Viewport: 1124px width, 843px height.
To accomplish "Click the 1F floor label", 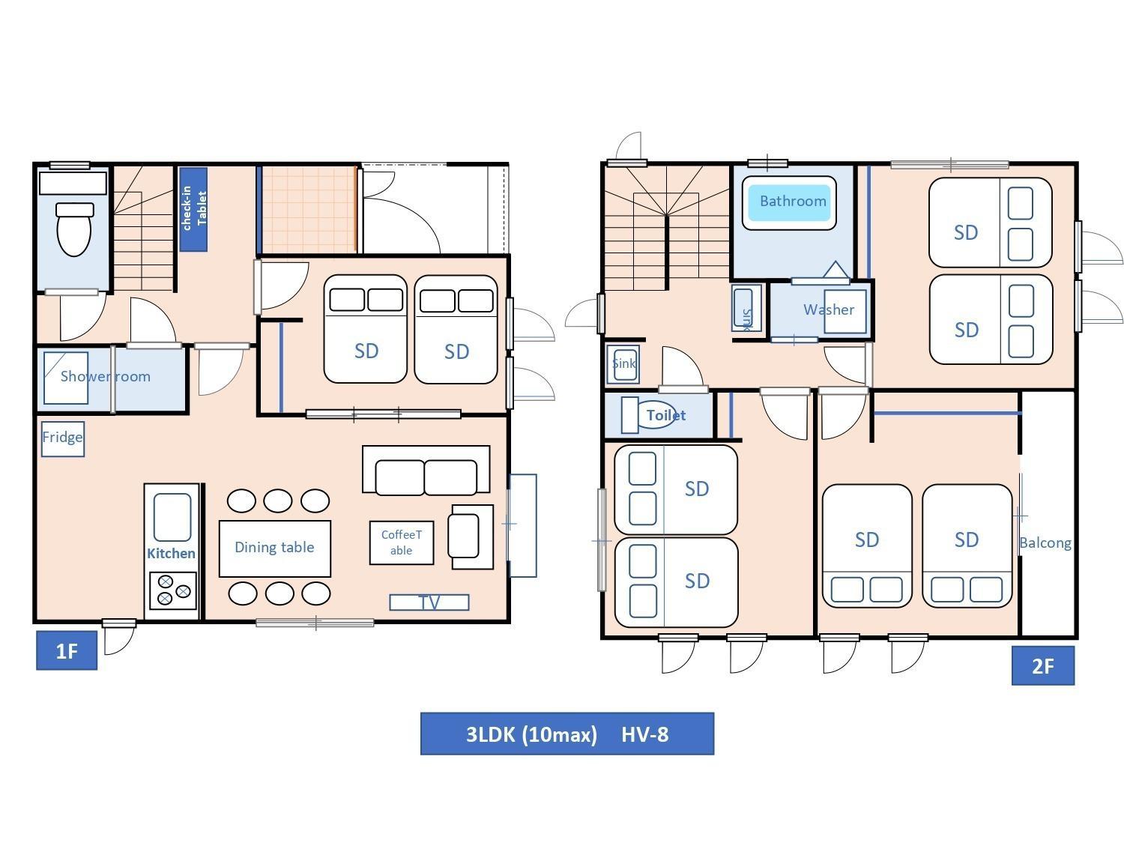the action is point(67,650).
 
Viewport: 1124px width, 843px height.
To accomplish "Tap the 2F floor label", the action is point(1042,665).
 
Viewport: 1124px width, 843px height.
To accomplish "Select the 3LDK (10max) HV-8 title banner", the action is point(566,734).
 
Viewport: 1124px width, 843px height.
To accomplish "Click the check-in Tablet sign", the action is point(193,209).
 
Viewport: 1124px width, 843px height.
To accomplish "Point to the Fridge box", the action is point(62,438).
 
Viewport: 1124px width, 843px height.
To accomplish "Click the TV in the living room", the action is point(429,602).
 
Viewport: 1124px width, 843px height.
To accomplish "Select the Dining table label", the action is point(274,547).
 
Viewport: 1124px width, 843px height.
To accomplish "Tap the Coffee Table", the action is point(402,543).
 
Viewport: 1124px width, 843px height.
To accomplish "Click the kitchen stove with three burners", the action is point(173,590).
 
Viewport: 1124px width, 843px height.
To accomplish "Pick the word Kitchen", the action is point(171,553).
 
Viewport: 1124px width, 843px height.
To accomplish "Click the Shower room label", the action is point(106,376).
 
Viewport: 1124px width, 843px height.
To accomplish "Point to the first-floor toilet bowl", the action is point(74,229).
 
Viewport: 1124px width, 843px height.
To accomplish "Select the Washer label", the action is point(829,309).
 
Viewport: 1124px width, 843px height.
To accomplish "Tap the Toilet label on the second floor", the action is point(665,415).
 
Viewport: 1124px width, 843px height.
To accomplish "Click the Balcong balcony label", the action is point(1045,543).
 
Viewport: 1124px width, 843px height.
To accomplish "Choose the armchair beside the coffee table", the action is point(472,537).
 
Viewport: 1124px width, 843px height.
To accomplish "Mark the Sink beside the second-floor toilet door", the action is point(623,364).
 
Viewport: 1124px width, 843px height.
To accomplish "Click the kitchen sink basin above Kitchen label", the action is point(172,517).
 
